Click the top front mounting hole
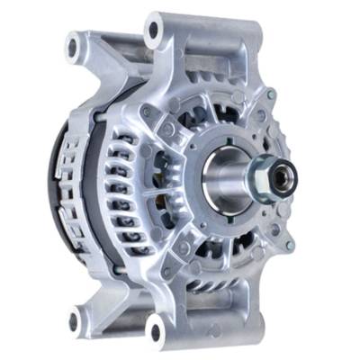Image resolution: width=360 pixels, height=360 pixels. (154, 31)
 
